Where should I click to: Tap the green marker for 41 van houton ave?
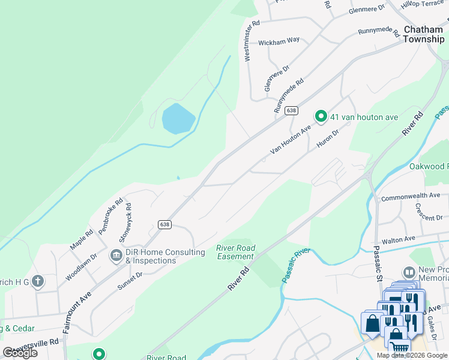(321, 116)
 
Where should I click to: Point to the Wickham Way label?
(279, 41)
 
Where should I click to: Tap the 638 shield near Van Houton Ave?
(292, 110)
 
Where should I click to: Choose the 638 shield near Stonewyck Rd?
(165, 224)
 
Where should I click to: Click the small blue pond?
(178, 118)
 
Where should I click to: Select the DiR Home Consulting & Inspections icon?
(115, 256)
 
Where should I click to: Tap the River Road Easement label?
(236, 252)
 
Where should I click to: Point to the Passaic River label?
(295, 265)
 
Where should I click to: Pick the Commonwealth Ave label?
(411, 196)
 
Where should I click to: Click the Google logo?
(20, 353)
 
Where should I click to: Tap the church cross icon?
(37, 281)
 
